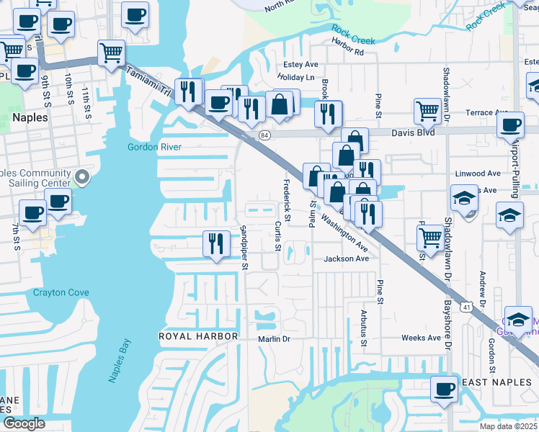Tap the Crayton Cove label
[x=61, y=292]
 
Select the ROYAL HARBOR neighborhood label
[x=198, y=336]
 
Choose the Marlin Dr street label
[x=274, y=338]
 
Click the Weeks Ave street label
[x=421, y=338]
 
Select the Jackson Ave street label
[x=346, y=258]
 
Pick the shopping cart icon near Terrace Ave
[x=427, y=111]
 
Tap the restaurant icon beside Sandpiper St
[x=215, y=243]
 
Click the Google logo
[x=24, y=423]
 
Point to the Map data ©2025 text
[x=508, y=426]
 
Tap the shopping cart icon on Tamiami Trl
[x=112, y=52]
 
